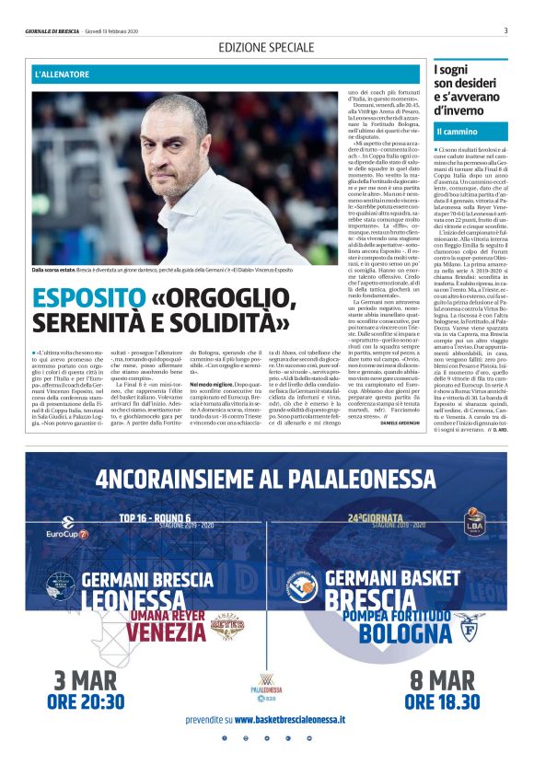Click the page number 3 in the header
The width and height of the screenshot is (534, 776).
point(505,30)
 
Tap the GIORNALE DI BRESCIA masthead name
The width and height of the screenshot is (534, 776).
point(56,31)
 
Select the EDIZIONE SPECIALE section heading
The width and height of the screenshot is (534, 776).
point(266,47)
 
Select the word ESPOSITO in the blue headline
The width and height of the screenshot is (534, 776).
point(82,298)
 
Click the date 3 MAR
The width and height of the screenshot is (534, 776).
point(88,681)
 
